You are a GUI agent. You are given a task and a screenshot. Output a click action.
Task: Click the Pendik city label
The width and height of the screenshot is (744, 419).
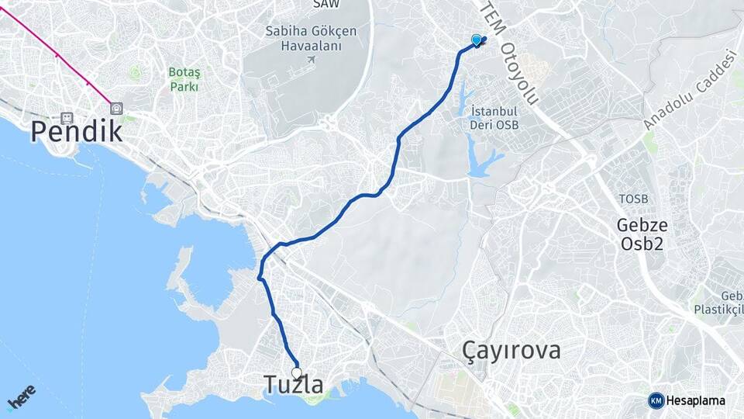[x=76, y=132]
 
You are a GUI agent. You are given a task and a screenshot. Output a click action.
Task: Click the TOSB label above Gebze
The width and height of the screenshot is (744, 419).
[x=632, y=199]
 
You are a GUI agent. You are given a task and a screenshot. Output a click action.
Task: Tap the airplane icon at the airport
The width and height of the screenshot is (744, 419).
[x=312, y=60]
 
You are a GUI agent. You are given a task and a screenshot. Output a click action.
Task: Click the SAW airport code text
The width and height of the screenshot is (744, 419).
[x=325, y=4]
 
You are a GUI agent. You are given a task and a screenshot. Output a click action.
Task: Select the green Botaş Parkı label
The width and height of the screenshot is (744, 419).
[x=184, y=80]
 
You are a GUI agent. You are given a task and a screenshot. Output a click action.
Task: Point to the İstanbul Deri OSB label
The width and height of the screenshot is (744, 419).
[x=494, y=118]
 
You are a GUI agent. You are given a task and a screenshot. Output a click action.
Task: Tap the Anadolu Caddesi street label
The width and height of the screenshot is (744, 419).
[x=688, y=89]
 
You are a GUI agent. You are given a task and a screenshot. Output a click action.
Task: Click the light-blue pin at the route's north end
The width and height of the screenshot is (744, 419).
[x=476, y=39]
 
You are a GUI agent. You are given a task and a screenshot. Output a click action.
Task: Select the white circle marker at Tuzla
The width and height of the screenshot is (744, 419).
[x=296, y=372]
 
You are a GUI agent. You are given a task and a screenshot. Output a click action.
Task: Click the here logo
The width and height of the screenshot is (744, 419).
[x=21, y=397]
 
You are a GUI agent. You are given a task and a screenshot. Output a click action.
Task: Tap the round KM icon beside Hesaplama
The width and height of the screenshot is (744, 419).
[x=656, y=400]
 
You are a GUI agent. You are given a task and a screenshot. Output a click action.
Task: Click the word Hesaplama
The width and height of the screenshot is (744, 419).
[x=696, y=400]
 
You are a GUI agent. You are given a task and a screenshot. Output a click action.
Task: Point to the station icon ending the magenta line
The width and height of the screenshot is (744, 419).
[x=116, y=109]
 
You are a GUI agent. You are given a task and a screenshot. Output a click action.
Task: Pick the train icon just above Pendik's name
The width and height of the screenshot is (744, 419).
[x=67, y=118]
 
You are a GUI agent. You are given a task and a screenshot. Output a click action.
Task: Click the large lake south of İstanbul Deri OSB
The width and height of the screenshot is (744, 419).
[x=483, y=160]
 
